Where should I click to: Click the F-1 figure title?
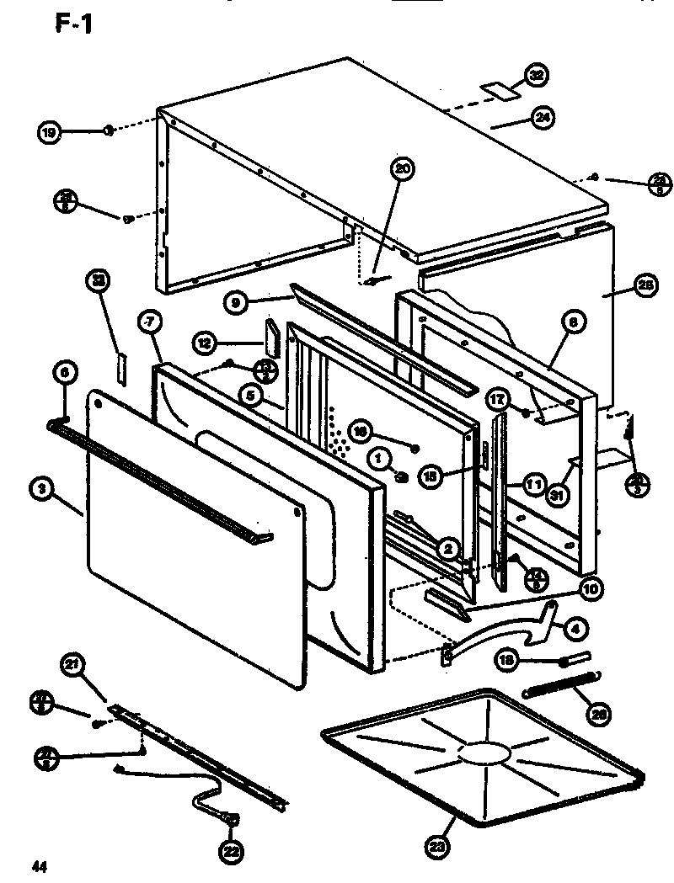pos(74,25)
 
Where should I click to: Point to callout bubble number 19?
pos(50,131)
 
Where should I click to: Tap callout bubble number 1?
pos(379,458)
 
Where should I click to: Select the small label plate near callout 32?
pos(496,89)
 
